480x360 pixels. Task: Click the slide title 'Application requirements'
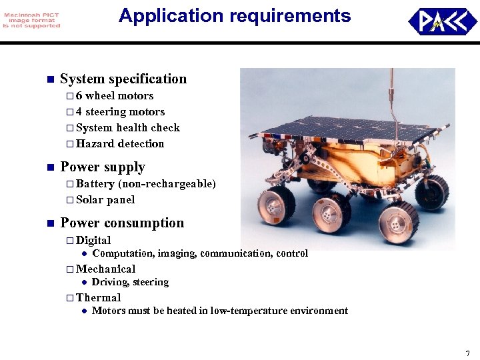[235, 16]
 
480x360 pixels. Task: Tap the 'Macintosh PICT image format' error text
[31, 19]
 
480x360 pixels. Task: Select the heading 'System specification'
[123, 79]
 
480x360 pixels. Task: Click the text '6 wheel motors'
[115, 96]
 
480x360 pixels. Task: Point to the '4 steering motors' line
[120, 112]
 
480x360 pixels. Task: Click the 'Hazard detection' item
[120, 144]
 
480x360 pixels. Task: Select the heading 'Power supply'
[103, 167]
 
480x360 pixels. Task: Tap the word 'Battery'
[95, 184]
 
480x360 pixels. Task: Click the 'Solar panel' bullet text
[105, 200]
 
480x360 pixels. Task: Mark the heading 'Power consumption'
[122, 223]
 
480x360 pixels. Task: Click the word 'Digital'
[93, 240]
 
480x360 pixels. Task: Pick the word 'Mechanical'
[105, 269]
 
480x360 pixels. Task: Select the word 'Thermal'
[99, 298]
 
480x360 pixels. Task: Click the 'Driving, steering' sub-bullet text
[130, 283]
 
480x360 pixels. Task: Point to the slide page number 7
[467, 353]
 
